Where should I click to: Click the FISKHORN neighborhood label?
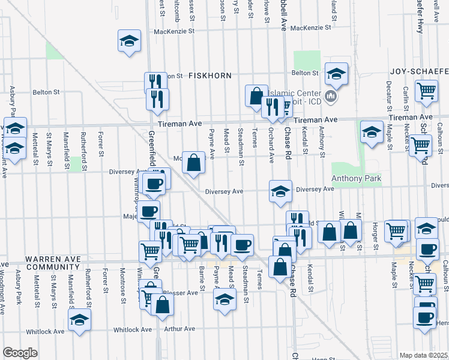pos(206,76)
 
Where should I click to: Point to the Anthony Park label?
pos(357,178)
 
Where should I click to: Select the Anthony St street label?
pos(322,146)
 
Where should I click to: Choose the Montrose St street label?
pos(121,279)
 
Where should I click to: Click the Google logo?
pos(20,353)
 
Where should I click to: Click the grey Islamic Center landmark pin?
pos(331,96)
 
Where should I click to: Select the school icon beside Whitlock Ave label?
pos(79,321)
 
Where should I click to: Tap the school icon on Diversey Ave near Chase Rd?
pos(280,191)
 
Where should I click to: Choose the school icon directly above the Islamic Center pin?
pos(336,74)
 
